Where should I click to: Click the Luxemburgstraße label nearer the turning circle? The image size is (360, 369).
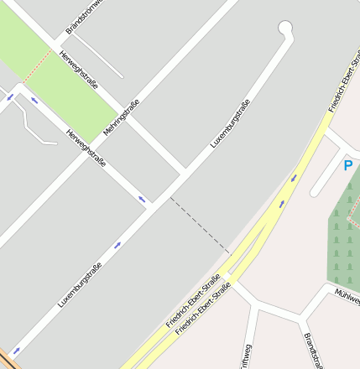tap(230, 124)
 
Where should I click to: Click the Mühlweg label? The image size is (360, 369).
tap(347, 295)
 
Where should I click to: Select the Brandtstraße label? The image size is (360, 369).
tap(312, 349)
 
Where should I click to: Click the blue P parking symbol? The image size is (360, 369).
tap(347, 166)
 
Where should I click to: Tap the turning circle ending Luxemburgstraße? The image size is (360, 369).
tap(285, 29)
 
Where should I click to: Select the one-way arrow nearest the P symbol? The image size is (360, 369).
tap(294, 178)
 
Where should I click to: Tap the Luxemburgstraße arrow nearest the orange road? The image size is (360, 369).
tap(16, 351)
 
